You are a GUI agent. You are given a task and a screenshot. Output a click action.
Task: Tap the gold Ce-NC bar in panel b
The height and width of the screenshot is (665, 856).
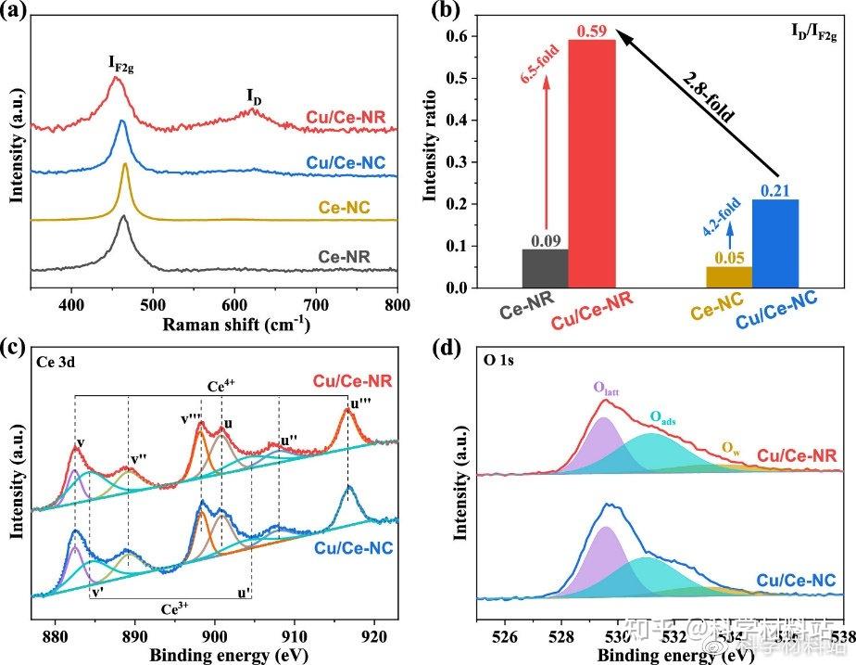729,277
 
